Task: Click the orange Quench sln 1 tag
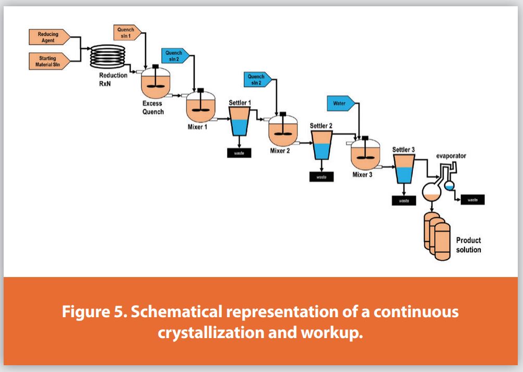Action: coord(126,32)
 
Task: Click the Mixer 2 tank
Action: coord(283,131)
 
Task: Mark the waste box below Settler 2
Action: coord(321,176)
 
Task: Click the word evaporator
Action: coord(451,155)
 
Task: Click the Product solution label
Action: coord(468,245)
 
